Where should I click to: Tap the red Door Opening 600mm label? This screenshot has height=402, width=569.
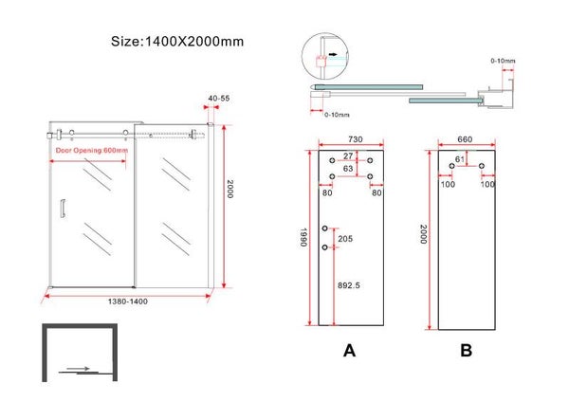click(x=90, y=150)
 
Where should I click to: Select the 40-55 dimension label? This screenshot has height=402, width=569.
click(x=218, y=98)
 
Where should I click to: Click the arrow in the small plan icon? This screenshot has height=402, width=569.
click(x=80, y=369)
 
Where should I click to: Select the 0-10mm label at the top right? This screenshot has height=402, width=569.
click(x=503, y=62)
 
